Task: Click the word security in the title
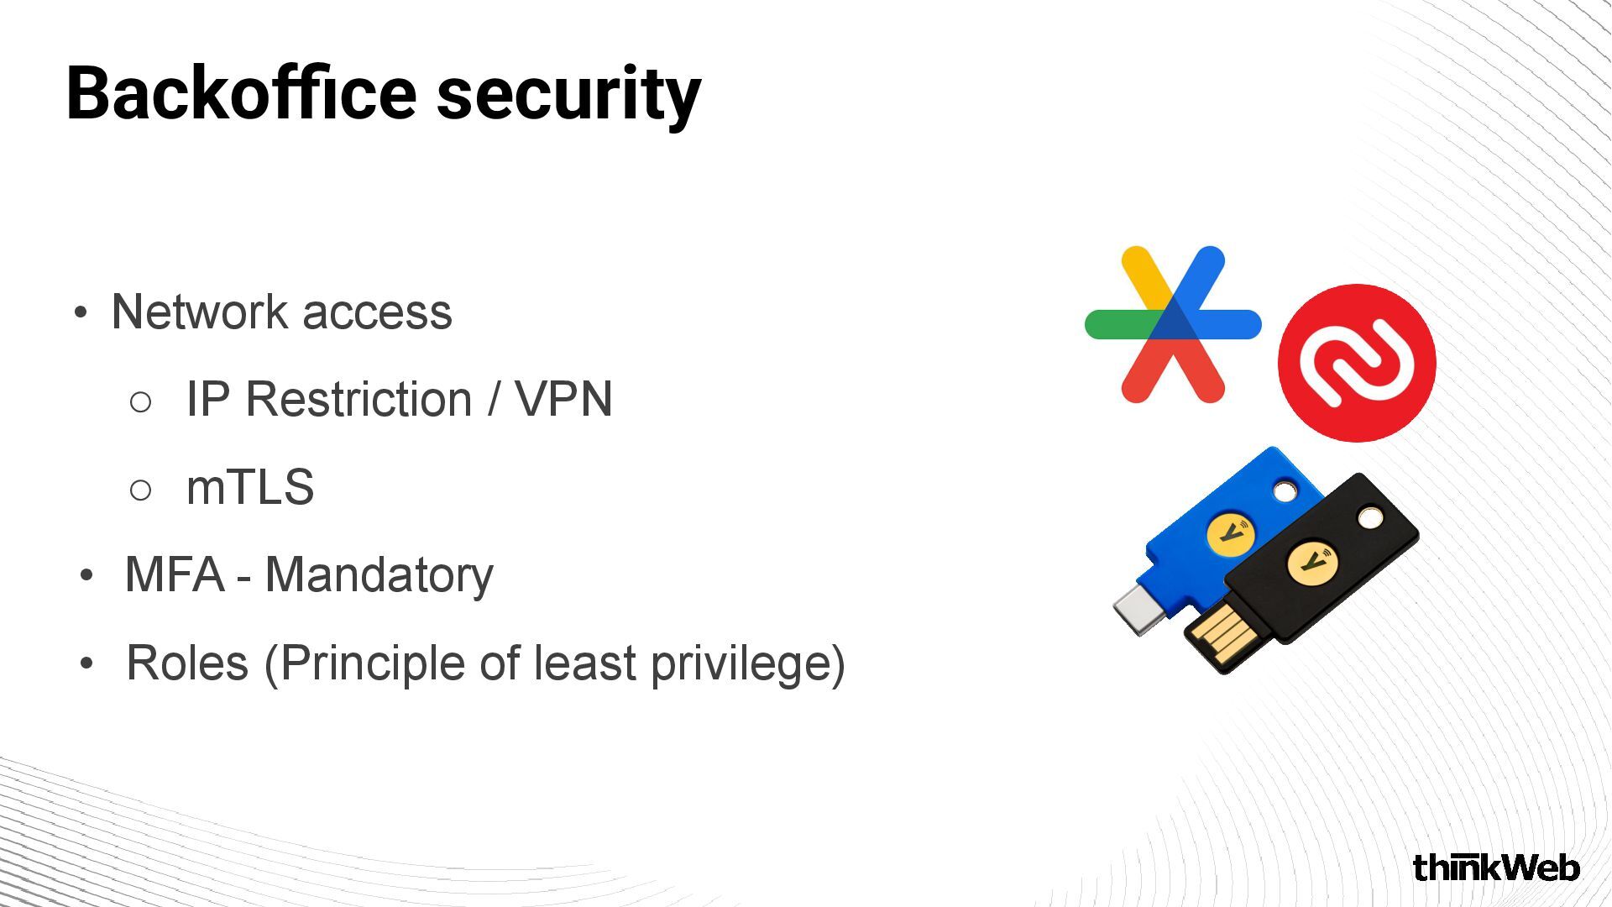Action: [568, 96]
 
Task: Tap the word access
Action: [377, 313]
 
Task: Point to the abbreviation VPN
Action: [563, 399]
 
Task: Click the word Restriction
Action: [359, 399]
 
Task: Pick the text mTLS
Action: [250, 487]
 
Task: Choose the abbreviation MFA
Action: [175, 575]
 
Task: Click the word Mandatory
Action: [379, 576]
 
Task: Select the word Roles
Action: [187, 663]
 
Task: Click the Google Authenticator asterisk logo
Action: [1173, 324]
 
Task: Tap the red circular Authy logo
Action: [1357, 363]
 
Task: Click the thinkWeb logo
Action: [1496, 868]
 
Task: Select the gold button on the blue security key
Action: [1231, 533]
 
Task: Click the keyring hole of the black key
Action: [1370, 517]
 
